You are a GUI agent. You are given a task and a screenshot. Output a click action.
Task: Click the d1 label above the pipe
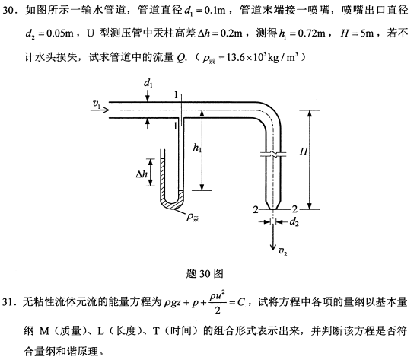(x=148, y=84)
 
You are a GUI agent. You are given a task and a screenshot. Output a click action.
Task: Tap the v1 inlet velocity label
(x=97, y=104)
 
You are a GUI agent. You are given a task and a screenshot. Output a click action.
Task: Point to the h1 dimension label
(x=197, y=147)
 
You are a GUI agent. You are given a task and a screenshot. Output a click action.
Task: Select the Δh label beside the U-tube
(x=142, y=174)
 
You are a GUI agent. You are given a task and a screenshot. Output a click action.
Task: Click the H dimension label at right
(x=304, y=151)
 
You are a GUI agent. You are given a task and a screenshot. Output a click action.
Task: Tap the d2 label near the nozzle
(x=294, y=221)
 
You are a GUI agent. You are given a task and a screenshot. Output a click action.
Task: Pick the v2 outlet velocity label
(x=282, y=251)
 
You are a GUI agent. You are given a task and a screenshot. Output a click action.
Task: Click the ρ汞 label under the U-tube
(x=193, y=217)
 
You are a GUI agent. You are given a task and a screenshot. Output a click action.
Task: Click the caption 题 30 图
(x=205, y=273)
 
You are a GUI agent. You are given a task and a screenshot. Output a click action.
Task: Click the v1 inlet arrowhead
(x=106, y=110)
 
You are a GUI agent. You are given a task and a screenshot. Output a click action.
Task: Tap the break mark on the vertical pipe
(x=273, y=154)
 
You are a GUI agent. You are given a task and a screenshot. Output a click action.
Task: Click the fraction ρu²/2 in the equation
(x=218, y=302)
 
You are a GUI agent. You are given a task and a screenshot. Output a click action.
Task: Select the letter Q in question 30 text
(x=180, y=57)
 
